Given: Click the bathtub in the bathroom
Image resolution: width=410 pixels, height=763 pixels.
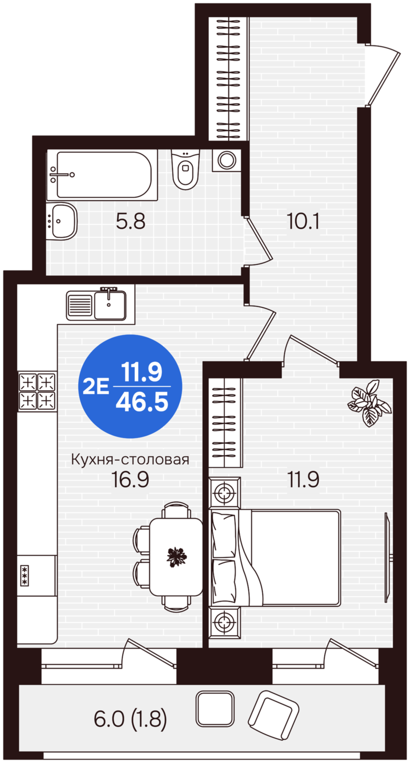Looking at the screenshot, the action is pos(102,175).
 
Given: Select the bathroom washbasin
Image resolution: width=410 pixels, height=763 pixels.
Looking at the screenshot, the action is pos(62,221).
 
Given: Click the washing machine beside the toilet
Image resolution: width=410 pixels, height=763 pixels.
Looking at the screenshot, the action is pos(227,160).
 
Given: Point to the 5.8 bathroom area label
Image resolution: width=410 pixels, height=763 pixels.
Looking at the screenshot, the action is pos(131,221).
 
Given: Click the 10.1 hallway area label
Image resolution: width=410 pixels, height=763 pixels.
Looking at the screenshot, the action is pos(303,221).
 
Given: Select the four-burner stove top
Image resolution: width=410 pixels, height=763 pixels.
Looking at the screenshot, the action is pos(37,391).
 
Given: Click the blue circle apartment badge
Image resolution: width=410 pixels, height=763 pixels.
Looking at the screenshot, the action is pos(130,386).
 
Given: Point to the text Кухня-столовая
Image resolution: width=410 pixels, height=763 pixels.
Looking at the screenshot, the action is pos(130,459).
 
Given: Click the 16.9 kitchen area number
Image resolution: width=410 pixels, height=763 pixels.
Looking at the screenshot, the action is pos(130,480).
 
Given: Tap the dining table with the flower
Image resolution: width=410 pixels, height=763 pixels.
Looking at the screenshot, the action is pos(176,557).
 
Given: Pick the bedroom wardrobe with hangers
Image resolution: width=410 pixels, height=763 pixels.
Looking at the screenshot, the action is pos(225,423).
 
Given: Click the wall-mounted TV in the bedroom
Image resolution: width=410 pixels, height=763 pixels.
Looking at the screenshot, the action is pos(387,557).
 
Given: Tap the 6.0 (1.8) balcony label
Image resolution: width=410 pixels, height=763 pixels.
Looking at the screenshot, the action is pos(130,719).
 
